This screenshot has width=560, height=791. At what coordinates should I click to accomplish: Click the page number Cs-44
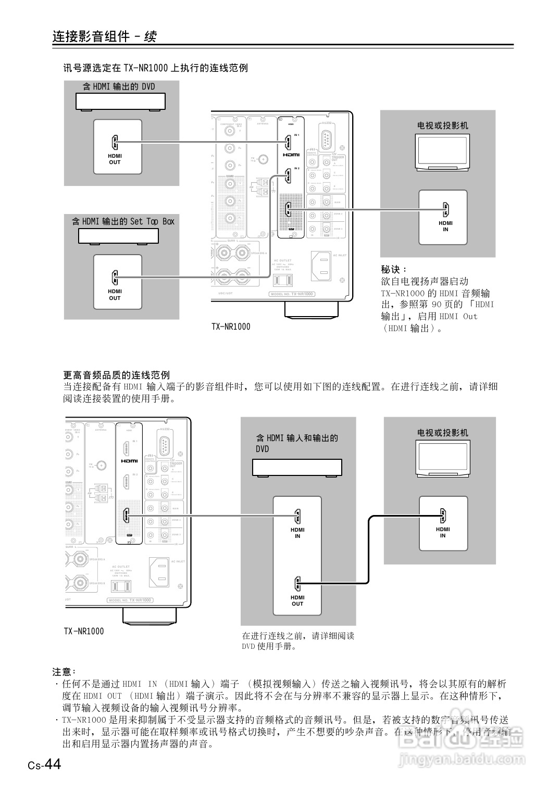click(45, 764)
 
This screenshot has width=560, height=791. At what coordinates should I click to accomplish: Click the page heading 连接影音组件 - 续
click(104, 36)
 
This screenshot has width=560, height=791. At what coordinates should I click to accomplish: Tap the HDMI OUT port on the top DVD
click(115, 142)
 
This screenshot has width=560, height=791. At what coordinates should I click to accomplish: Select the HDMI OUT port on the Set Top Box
click(115, 277)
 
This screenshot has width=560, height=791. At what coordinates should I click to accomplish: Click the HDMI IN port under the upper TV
click(445, 209)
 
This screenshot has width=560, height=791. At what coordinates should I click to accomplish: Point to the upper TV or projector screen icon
click(442, 152)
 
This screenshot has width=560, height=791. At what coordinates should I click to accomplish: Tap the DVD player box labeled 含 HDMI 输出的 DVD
click(120, 102)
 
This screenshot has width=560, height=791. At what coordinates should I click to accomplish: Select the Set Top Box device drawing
click(118, 236)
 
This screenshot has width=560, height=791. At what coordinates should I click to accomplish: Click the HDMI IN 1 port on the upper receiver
click(287, 142)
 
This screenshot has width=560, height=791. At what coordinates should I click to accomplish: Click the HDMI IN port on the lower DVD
click(297, 516)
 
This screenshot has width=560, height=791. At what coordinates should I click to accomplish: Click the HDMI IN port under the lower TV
click(443, 516)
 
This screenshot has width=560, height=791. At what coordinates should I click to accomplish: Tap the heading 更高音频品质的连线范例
click(117, 375)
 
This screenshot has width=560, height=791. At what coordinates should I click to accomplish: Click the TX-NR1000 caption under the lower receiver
click(84, 631)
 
